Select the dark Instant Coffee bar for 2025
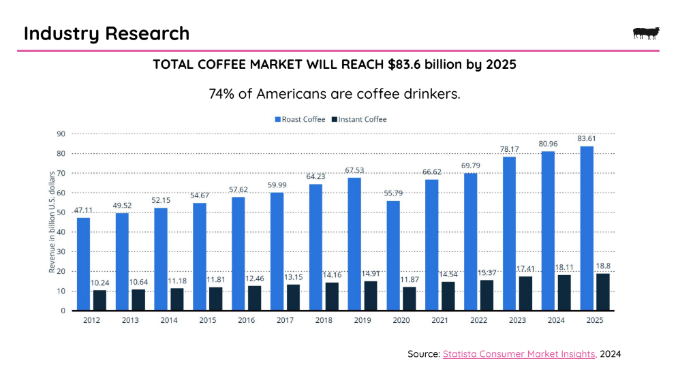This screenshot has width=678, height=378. [x=603, y=292]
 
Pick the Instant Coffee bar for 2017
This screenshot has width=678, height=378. [x=293, y=298]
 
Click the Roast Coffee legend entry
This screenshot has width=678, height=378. [x=300, y=119]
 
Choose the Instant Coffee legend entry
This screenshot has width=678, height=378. [x=358, y=119]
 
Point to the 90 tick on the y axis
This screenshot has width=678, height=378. [x=60, y=134]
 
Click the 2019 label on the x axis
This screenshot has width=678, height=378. [x=363, y=319]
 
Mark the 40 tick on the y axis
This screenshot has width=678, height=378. [x=60, y=232]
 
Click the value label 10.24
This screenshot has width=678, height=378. [x=100, y=283]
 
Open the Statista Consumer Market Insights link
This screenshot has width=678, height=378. [x=519, y=354]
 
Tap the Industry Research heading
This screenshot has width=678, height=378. [x=106, y=33]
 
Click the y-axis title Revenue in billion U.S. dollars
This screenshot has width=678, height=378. [x=52, y=223]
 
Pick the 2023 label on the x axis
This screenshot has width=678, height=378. [x=517, y=319]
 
